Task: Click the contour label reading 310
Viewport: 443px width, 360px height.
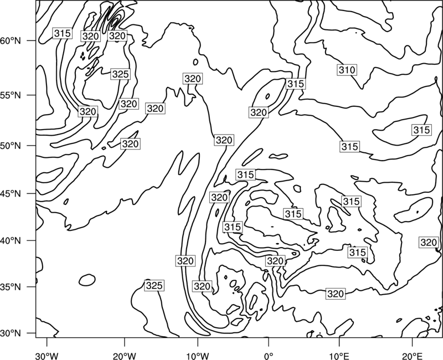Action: [347, 70]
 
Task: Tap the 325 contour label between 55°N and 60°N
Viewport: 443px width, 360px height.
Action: [120, 74]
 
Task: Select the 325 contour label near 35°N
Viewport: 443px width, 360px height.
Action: [154, 285]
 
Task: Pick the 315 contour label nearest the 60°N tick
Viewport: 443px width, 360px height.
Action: [62, 33]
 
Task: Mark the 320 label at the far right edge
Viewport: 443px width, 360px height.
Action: [429, 243]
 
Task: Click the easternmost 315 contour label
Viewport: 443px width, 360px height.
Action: [421, 130]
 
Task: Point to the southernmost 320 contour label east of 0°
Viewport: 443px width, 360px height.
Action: [336, 294]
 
